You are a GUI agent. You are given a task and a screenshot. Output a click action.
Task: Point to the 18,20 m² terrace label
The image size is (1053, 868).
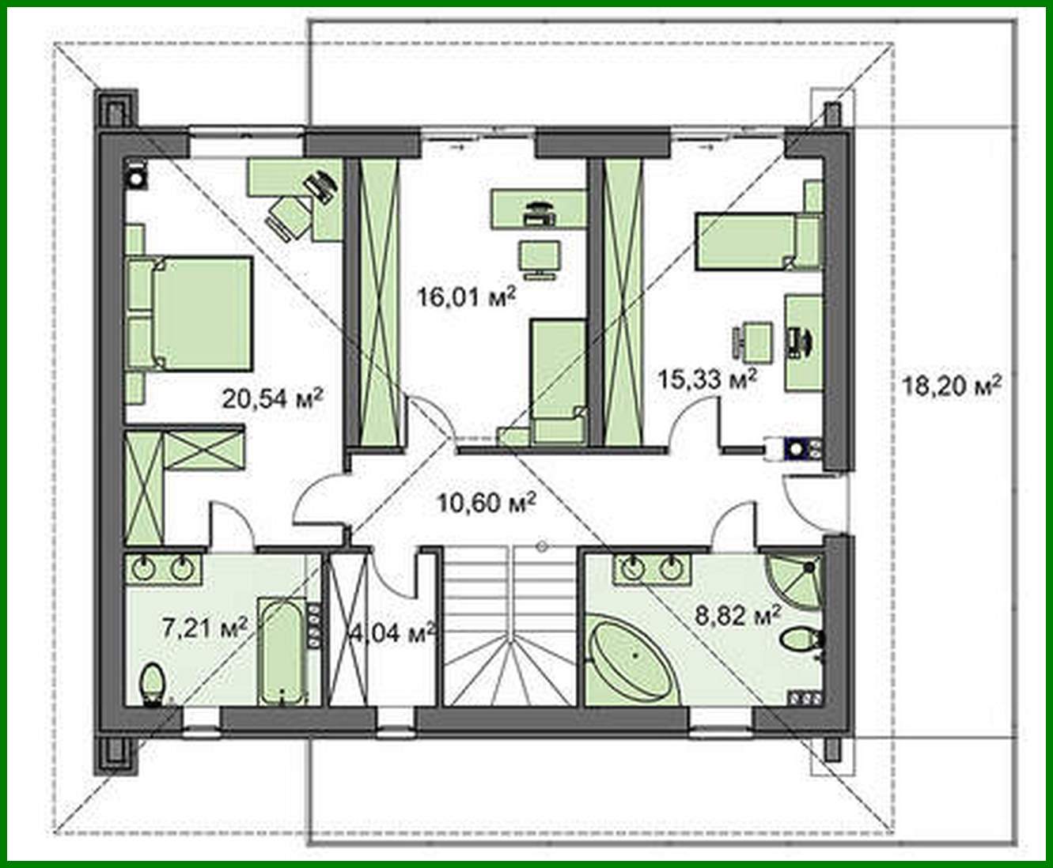[953, 387]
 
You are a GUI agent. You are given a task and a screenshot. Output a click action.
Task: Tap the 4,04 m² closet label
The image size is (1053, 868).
[393, 632]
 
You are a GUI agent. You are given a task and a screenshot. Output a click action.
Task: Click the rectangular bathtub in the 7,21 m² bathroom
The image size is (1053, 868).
[282, 652]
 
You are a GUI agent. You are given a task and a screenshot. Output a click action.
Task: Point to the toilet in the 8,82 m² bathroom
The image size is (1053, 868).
[801, 638]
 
